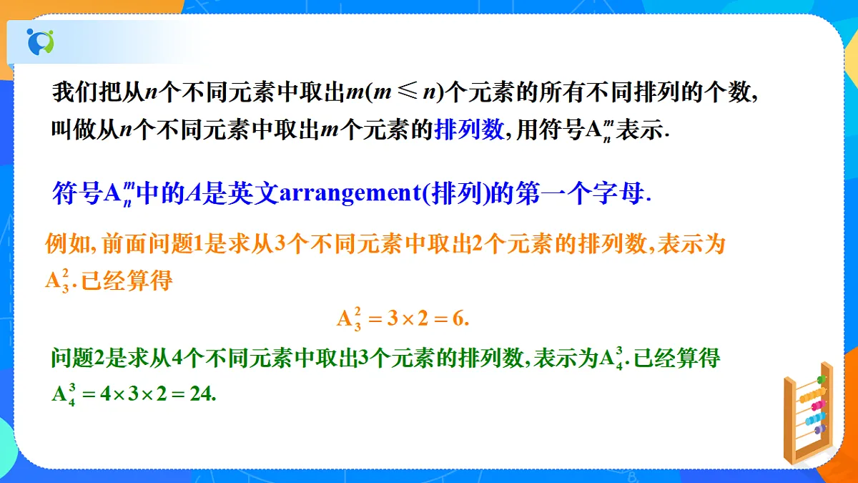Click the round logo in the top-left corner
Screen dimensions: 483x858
point(40,41)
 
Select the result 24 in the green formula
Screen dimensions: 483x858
point(202,394)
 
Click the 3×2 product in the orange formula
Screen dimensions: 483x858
point(407,319)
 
